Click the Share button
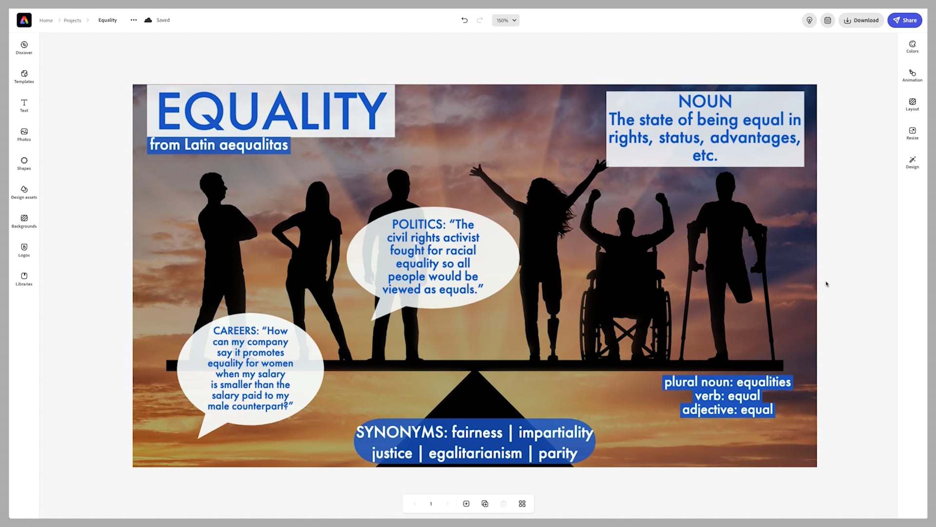[904, 20]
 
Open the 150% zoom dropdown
[506, 20]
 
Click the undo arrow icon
[464, 20]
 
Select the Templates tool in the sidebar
[24, 77]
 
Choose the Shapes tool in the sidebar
[24, 163]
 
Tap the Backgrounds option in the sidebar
[24, 221]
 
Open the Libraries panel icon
[24, 279]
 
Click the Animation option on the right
[912, 75]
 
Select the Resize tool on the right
[912, 133]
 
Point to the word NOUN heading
[705, 101]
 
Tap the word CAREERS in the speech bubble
[235, 331]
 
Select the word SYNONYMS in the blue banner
[401, 432]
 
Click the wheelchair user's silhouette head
[625, 218]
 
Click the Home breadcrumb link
[46, 20]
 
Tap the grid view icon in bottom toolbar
[522, 504]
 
